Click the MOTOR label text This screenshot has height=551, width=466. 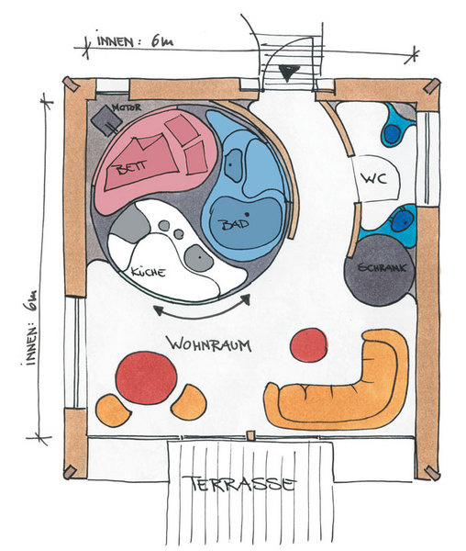click(127, 107)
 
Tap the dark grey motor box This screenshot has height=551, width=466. click(106, 120)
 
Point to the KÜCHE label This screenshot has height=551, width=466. click(148, 272)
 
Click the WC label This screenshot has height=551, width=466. click(375, 179)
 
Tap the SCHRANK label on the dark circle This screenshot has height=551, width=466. click(382, 268)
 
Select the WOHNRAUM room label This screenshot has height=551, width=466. click(209, 344)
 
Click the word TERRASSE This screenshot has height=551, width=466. click(243, 484)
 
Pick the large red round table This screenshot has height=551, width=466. click(147, 377)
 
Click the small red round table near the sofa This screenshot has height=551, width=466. click(309, 345)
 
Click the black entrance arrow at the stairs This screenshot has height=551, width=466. click(289, 73)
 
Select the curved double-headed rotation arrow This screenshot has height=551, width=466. click(203, 313)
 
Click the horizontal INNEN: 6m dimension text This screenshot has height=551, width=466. click(135, 41)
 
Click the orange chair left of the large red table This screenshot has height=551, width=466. click(112, 410)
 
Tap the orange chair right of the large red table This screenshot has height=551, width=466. click(189, 402)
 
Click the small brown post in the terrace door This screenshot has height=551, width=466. click(250, 435)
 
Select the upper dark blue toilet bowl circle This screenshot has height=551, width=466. click(393, 133)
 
